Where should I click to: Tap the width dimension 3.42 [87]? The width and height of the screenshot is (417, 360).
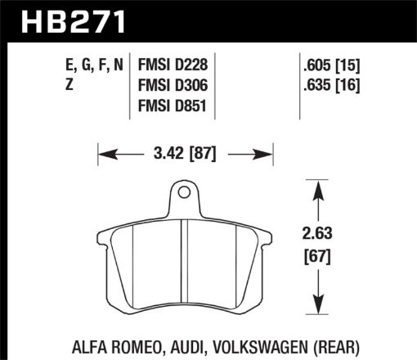pos(184,151)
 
